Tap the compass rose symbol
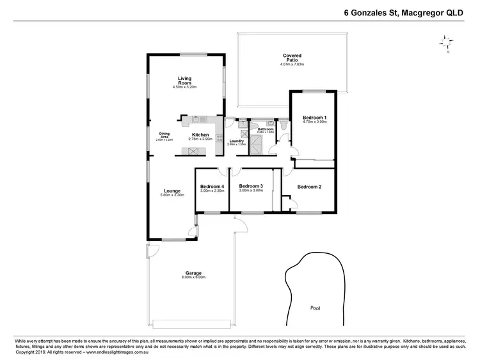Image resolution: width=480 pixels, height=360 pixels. point(445,43)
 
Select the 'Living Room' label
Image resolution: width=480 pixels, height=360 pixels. point(184,81)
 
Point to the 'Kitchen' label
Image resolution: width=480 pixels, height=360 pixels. point(200,135)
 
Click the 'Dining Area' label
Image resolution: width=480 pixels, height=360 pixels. point(164,135)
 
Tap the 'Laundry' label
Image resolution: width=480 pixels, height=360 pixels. point(236,141)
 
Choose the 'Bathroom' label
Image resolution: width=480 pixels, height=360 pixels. point(266,129)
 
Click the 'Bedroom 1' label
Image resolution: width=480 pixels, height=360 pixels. point(314,118)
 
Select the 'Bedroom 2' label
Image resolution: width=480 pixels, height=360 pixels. point(310,187)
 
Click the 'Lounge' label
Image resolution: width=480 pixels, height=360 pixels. point(172,190)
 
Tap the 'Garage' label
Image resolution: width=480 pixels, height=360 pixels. point(193,273)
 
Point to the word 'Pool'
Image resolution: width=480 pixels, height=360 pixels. point(315,308)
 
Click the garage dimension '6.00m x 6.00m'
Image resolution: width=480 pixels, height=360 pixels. point(193,278)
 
